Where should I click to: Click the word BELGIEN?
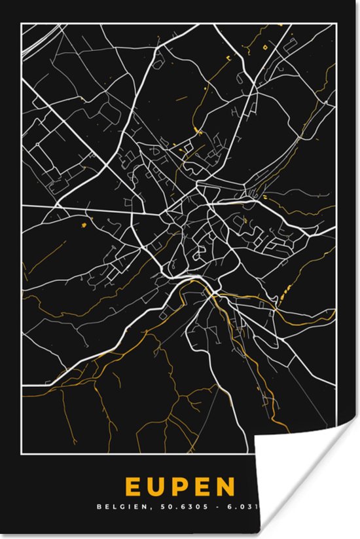[117, 506]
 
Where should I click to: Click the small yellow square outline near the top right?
[265, 46]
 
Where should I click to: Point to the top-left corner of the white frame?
[22, 24]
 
